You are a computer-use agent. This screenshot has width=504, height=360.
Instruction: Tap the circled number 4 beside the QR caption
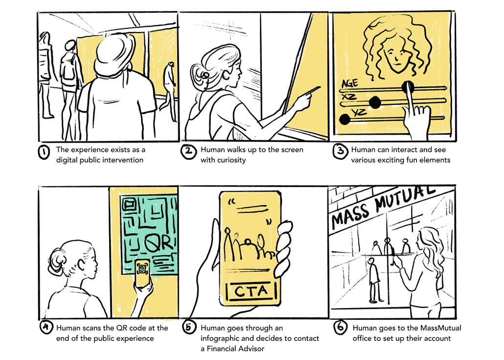click(x=46, y=329)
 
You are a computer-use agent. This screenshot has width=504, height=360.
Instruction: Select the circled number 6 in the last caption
click(x=341, y=329)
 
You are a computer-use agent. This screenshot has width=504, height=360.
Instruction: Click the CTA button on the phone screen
click(x=251, y=291)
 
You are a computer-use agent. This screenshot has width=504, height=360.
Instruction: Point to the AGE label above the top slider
click(x=349, y=83)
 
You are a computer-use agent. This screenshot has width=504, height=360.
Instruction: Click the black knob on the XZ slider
click(x=375, y=102)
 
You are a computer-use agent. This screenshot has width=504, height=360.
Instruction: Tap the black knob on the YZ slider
click(x=345, y=119)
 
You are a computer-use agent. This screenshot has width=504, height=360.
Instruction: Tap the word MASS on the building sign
click(x=352, y=215)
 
